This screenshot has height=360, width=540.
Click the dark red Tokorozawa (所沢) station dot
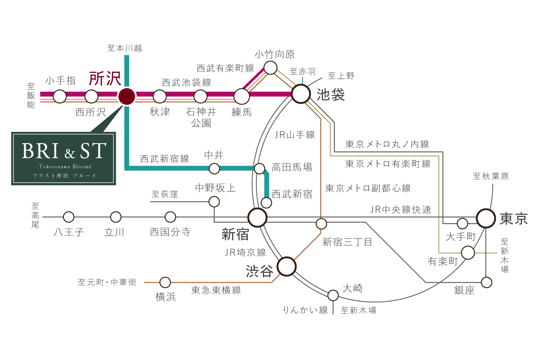pyautogui.click(x=126, y=96)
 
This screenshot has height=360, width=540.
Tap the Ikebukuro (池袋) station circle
pyautogui.click(x=301, y=94)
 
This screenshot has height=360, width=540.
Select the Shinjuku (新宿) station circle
pyautogui.click(x=257, y=217)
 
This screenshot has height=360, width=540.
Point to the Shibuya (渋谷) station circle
pyautogui.click(x=286, y=266)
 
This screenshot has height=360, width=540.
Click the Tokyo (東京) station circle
pyautogui.click(x=486, y=218)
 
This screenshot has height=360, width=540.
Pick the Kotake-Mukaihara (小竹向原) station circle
pyautogui.click(x=270, y=68)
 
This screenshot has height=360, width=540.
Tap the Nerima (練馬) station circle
pyautogui.click(x=242, y=96)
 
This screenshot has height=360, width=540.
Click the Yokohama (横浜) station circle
pyautogui.click(x=165, y=282)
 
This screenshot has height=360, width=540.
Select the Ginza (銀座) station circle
pyautogui.click(x=486, y=282)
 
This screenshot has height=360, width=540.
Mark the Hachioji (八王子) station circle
pyautogui.click(x=68, y=217)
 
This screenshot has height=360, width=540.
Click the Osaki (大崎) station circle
pyautogui.click(x=333, y=295)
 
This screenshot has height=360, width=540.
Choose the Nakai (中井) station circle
pyautogui.click(x=214, y=169)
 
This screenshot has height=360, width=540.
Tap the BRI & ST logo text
pyautogui.click(x=64, y=151)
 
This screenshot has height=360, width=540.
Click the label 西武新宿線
pyautogui.click(x=165, y=159)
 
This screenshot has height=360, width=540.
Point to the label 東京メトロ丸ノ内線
pyautogui.click(x=387, y=144)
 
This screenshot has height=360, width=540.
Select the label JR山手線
pyautogui.click(x=295, y=135)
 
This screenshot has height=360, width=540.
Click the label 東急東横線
pyautogui.click(x=216, y=290)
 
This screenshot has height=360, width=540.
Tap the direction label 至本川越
pyautogui.click(x=125, y=48)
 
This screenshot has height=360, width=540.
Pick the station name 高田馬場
pyautogui.click(x=292, y=167)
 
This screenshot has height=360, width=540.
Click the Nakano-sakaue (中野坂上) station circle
pyautogui.click(x=214, y=202)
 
